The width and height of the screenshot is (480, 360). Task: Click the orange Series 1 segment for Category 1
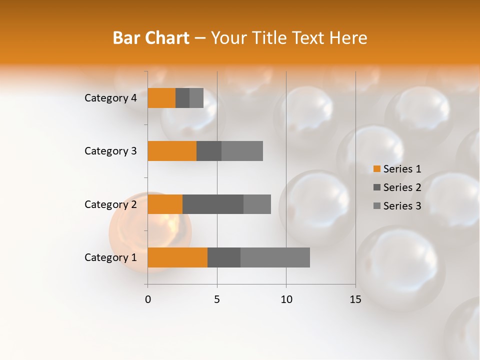177,257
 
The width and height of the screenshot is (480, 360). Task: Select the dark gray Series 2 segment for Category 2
213,204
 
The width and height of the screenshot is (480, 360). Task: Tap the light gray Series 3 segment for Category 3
242,151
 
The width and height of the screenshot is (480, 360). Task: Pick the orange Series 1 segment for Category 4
161,98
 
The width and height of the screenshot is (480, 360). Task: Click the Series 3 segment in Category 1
275,257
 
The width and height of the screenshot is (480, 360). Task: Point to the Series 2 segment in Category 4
182,98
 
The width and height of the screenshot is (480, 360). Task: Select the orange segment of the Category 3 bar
172,151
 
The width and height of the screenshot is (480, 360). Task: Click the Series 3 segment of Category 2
257,204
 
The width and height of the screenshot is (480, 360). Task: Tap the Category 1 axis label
110,257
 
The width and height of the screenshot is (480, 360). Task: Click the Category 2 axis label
110,204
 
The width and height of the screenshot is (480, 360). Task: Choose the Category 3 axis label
110,151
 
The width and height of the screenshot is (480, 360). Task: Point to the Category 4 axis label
110,98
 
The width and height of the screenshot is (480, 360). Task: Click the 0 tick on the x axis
148,299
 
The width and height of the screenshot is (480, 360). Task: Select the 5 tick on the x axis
217,299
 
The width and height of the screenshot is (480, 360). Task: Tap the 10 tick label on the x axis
286,299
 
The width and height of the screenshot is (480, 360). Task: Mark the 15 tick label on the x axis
355,299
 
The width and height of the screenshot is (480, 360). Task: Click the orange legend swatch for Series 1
376,169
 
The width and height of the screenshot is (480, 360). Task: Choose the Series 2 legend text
402,187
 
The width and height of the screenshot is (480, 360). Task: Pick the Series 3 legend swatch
376,206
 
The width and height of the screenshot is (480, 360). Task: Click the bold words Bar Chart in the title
151,38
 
